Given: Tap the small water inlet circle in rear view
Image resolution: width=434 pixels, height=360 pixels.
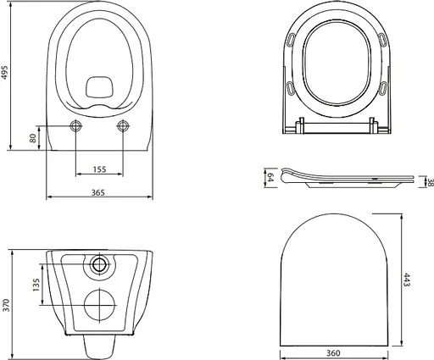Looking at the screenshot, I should [101, 264].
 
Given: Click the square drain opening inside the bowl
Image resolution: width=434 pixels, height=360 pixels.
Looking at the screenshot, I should [100, 86].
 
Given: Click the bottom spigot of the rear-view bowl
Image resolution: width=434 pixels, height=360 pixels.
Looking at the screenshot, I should [100, 344].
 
